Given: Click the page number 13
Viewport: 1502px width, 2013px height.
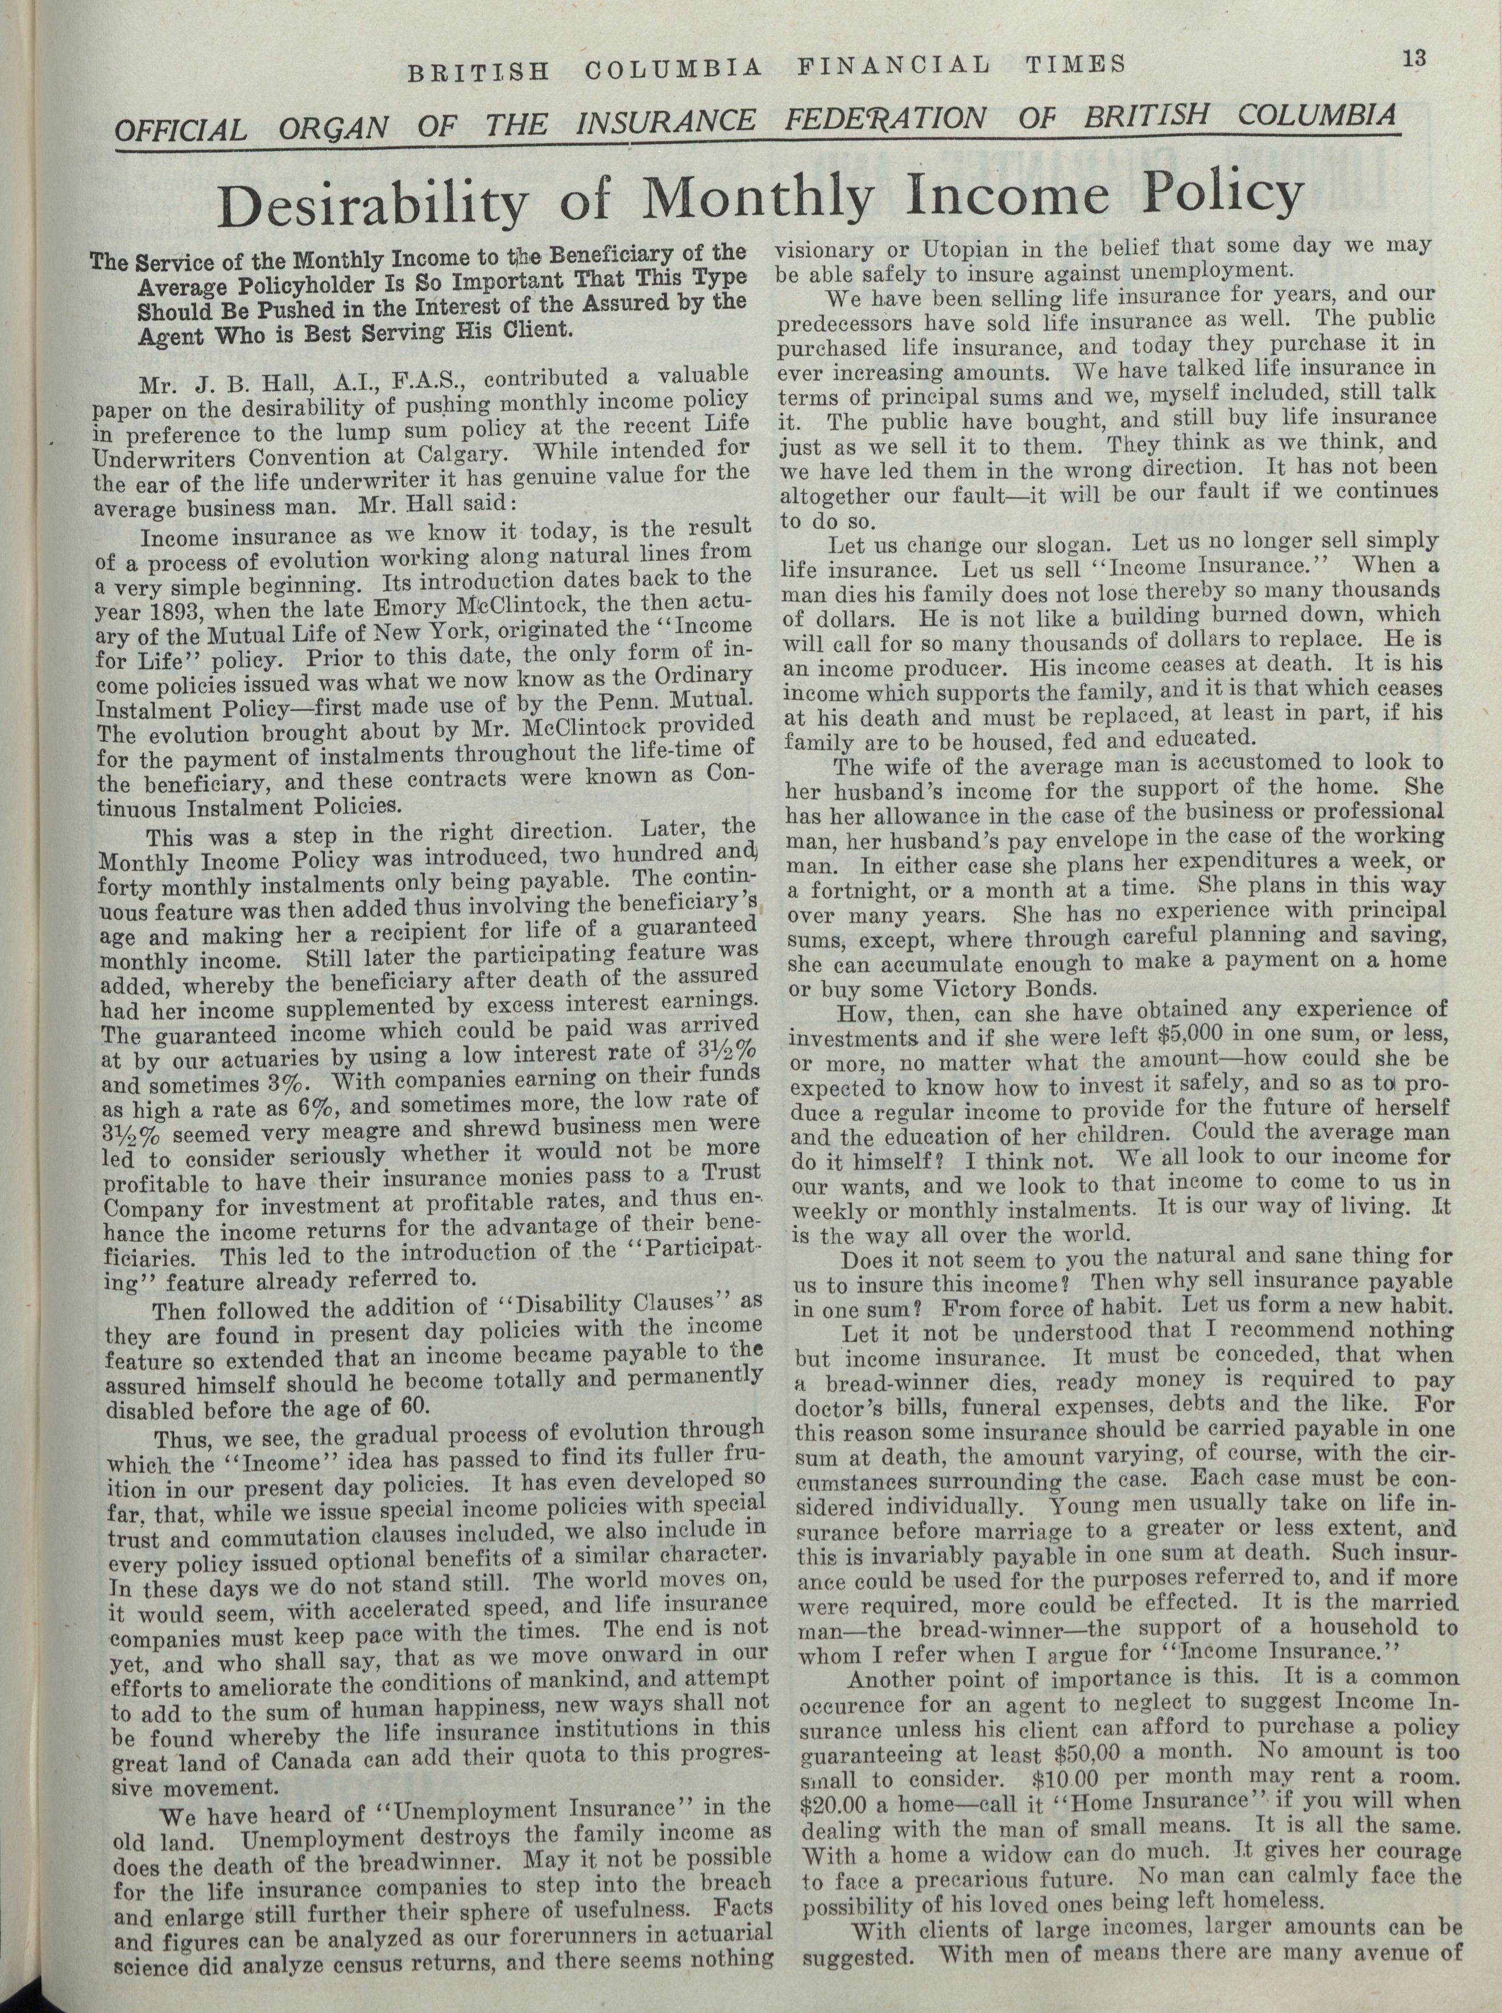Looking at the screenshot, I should (1414, 59).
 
